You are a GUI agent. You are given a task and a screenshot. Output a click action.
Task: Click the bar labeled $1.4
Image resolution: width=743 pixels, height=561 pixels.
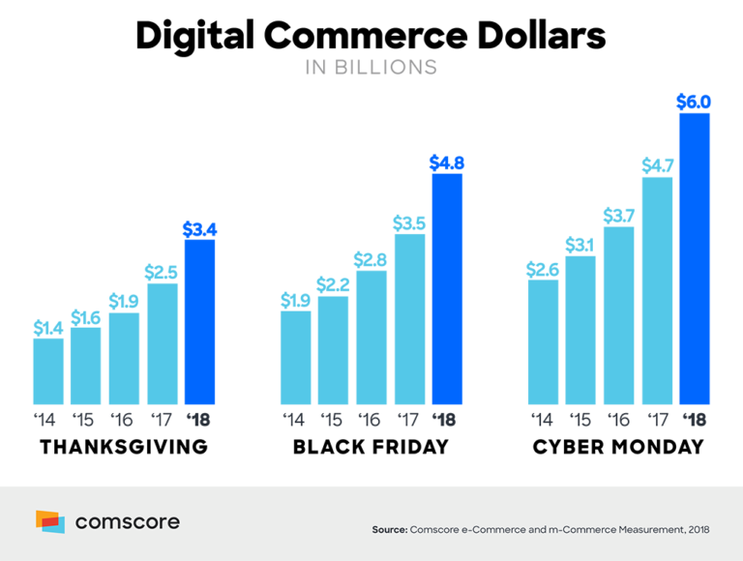tap(48, 370)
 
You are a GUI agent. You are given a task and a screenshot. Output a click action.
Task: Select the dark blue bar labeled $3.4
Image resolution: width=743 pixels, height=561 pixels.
tap(199, 321)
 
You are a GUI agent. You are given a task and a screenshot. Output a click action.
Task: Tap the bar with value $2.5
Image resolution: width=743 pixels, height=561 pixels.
tap(163, 343)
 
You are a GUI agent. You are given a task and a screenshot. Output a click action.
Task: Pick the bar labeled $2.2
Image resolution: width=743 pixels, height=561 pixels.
tap(333, 349)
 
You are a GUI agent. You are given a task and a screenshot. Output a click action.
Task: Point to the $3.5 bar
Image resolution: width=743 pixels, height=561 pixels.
tap(409, 318)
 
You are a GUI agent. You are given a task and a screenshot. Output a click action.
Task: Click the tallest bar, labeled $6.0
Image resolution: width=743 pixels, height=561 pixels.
tap(695, 258)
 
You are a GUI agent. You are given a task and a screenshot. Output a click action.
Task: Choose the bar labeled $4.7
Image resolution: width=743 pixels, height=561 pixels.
tap(657, 290)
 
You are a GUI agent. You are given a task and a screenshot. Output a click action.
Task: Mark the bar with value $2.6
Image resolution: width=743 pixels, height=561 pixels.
tap(544, 341)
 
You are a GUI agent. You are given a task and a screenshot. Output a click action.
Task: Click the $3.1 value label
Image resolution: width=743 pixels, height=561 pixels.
tap(580, 245)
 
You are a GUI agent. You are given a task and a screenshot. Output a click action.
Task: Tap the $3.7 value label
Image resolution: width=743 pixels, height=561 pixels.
tap(619, 215)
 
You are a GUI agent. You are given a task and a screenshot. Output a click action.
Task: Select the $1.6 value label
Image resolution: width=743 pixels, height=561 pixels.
tap(85, 316)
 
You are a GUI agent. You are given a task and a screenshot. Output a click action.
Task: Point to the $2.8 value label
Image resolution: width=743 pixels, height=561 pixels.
tap(371, 258)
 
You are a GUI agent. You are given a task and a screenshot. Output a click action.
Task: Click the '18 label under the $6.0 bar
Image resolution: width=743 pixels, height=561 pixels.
tap(694, 420)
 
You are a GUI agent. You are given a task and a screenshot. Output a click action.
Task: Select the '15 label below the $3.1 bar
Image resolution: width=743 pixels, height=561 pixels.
tap(580, 420)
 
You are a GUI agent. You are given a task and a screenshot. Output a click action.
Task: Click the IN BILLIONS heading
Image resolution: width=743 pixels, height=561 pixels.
tap(371, 67)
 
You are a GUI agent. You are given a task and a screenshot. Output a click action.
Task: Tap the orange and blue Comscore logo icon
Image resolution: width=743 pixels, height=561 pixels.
tap(50, 521)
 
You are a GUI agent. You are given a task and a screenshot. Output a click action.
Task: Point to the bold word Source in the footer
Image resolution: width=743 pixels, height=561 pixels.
tap(389, 530)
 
